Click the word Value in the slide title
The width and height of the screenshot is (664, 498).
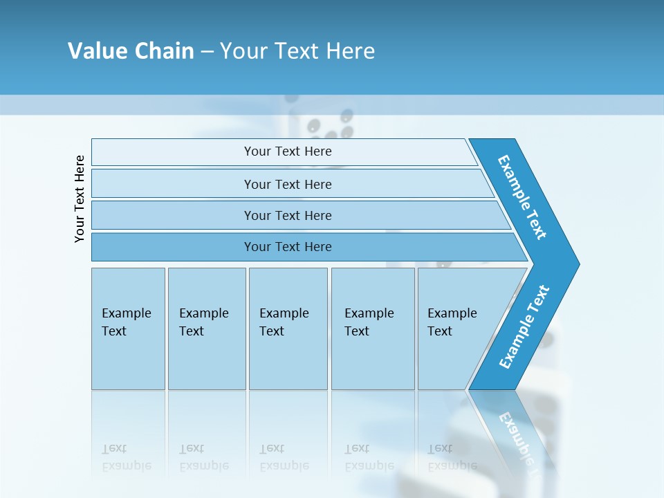point(96,51)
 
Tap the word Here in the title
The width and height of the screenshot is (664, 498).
point(350,51)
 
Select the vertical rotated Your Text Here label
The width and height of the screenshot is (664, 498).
point(80,199)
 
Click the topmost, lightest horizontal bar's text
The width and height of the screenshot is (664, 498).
point(288,151)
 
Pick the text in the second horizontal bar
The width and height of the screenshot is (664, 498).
point(288,185)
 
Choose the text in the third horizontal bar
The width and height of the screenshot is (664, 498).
point(288,216)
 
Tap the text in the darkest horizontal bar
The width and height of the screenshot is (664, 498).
point(288,247)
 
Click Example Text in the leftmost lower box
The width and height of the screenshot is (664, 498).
point(126,322)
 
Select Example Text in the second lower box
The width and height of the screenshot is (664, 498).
point(203,322)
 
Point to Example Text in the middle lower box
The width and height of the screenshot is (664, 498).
point(284,322)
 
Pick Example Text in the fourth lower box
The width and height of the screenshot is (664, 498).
point(369,322)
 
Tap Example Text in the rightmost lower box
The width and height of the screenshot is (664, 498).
point(452,322)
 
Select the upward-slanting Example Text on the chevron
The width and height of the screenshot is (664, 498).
point(524,327)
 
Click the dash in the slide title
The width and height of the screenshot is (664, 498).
point(207,52)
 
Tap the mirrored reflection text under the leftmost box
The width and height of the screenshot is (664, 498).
point(126,457)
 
